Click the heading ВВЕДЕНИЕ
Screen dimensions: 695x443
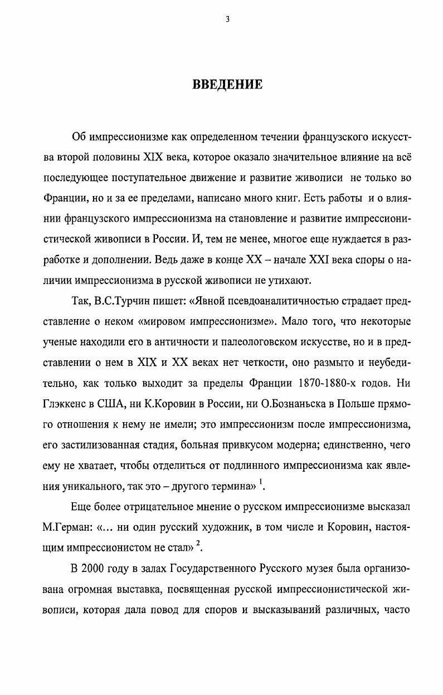(227, 85)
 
